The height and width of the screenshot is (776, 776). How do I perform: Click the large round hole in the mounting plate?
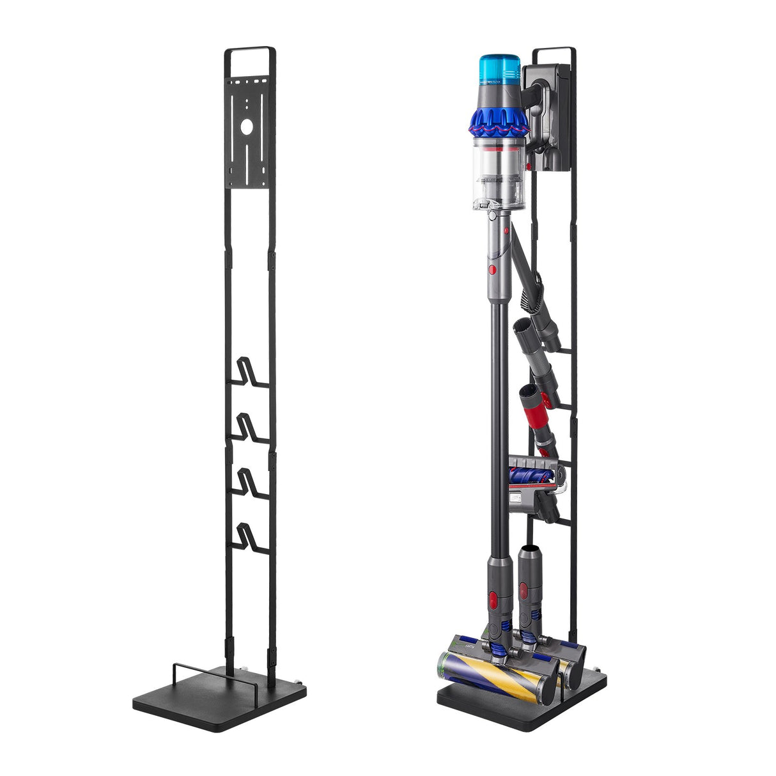[247, 127]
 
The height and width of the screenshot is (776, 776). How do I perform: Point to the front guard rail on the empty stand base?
[214, 671]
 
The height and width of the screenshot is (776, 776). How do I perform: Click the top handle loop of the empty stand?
[250, 50]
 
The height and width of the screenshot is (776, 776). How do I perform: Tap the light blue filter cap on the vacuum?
[500, 69]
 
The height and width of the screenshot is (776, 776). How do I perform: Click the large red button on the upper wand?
[492, 268]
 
